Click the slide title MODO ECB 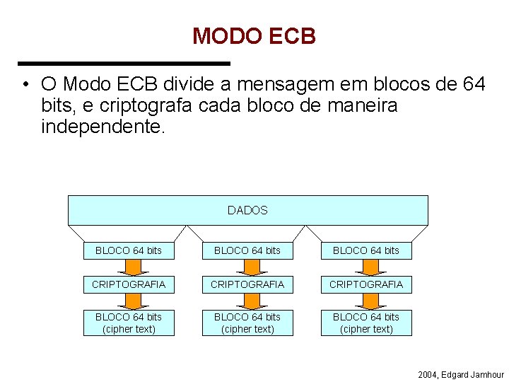[x=254, y=36]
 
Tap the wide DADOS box [x=247, y=210]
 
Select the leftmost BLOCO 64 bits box [x=129, y=250]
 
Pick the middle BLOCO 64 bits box [x=247, y=250]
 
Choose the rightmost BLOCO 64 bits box [x=366, y=250]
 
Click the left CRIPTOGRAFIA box [x=129, y=284]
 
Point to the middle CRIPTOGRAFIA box [x=247, y=284]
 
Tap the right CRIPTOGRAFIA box [x=366, y=284]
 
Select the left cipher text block [x=129, y=323]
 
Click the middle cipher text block [x=247, y=323]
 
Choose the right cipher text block [x=366, y=323]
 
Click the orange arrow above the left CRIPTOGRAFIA [x=129, y=267]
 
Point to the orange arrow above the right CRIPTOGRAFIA [x=366, y=267]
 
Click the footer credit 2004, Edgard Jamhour [x=461, y=374]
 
